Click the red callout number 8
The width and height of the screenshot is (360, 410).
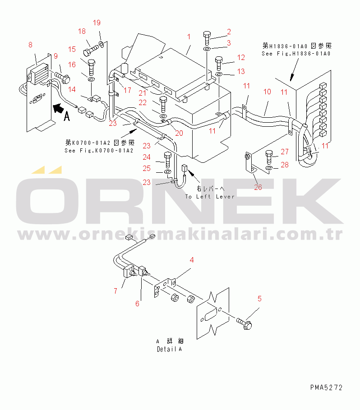tap(30, 45)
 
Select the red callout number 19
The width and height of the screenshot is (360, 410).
tap(97, 23)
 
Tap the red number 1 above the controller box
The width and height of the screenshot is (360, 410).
tap(189, 37)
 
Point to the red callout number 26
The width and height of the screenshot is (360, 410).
tap(258, 187)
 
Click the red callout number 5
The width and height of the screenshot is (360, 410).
tap(259, 299)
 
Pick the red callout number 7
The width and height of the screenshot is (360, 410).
tap(115, 291)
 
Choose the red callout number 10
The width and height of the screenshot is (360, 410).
tap(267, 92)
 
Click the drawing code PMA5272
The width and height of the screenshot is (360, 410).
tap(326, 387)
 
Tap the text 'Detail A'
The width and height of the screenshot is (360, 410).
tap(169, 349)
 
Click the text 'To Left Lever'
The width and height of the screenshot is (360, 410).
tap(210, 197)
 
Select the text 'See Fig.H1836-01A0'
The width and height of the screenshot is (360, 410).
tap(296, 54)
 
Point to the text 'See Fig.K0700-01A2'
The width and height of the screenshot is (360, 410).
tap(99, 151)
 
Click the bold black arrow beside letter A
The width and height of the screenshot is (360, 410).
tap(58, 108)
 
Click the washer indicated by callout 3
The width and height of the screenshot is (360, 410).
tap(207, 49)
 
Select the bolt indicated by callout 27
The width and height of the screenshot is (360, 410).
tap(269, 157)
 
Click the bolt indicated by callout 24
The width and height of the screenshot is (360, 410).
tap(167, 160)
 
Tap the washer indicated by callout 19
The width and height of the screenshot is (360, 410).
tap(102, 44)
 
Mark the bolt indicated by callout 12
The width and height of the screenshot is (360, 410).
tap(219, 63)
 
